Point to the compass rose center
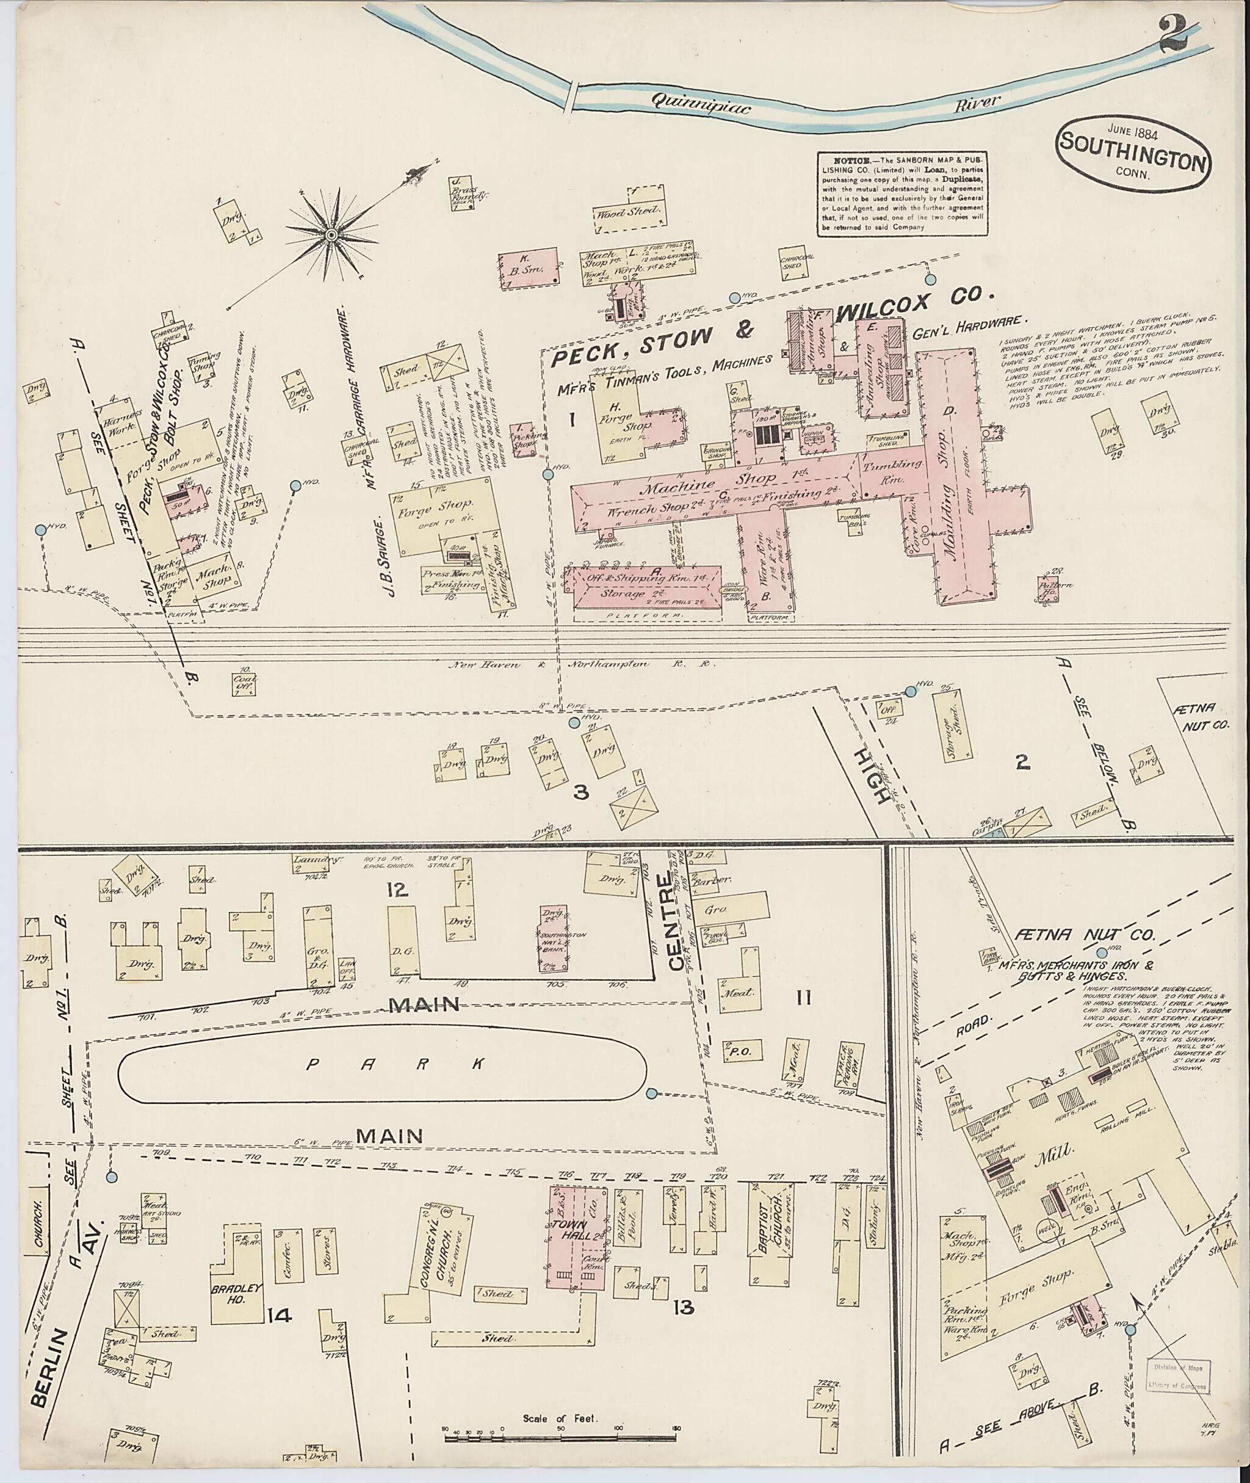[330, 234]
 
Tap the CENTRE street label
[673, 921]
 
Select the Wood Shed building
[629, 211]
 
